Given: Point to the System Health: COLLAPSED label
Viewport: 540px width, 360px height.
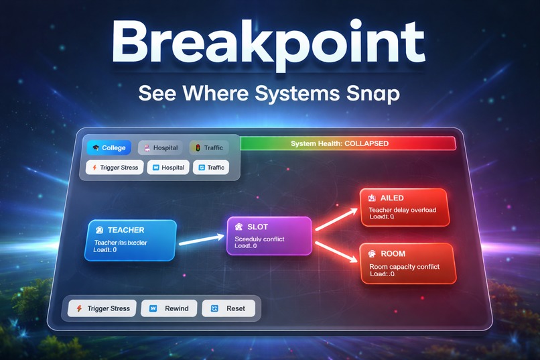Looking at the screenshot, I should pos(340,144).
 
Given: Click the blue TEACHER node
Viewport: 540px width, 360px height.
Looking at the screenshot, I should pos(131,239).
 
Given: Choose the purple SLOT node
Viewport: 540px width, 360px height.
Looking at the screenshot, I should pos(269,235).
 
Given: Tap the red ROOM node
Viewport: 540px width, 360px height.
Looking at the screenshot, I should pos(407,263).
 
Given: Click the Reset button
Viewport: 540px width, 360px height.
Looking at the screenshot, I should pos(230,308).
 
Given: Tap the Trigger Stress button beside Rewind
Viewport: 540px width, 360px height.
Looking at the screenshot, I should pos(103,308).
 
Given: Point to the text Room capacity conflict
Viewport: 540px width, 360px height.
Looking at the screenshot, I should pos(404,266).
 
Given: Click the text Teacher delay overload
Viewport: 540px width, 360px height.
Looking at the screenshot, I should pos(403,210).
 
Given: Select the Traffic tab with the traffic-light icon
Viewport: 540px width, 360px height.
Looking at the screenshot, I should pos(209,147).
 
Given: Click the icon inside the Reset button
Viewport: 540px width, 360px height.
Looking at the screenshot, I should pos(214,308).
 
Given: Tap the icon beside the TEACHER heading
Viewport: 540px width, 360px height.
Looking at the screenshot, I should pos(99,230).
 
